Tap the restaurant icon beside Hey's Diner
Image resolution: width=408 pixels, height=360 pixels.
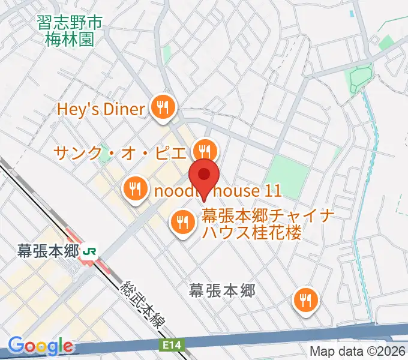(x=162, y=109)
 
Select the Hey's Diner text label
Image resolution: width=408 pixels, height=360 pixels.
(x=101, y=109)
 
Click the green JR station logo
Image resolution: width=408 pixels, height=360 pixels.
(x=91, y=252)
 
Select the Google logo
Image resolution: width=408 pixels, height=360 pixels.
(x=40, y=346)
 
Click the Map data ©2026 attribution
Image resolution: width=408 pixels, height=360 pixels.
(x=358, y=351)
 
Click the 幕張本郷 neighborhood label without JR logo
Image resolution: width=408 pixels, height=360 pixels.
(x=222, y=291)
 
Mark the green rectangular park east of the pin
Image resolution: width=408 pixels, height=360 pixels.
(x=287, y=173)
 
